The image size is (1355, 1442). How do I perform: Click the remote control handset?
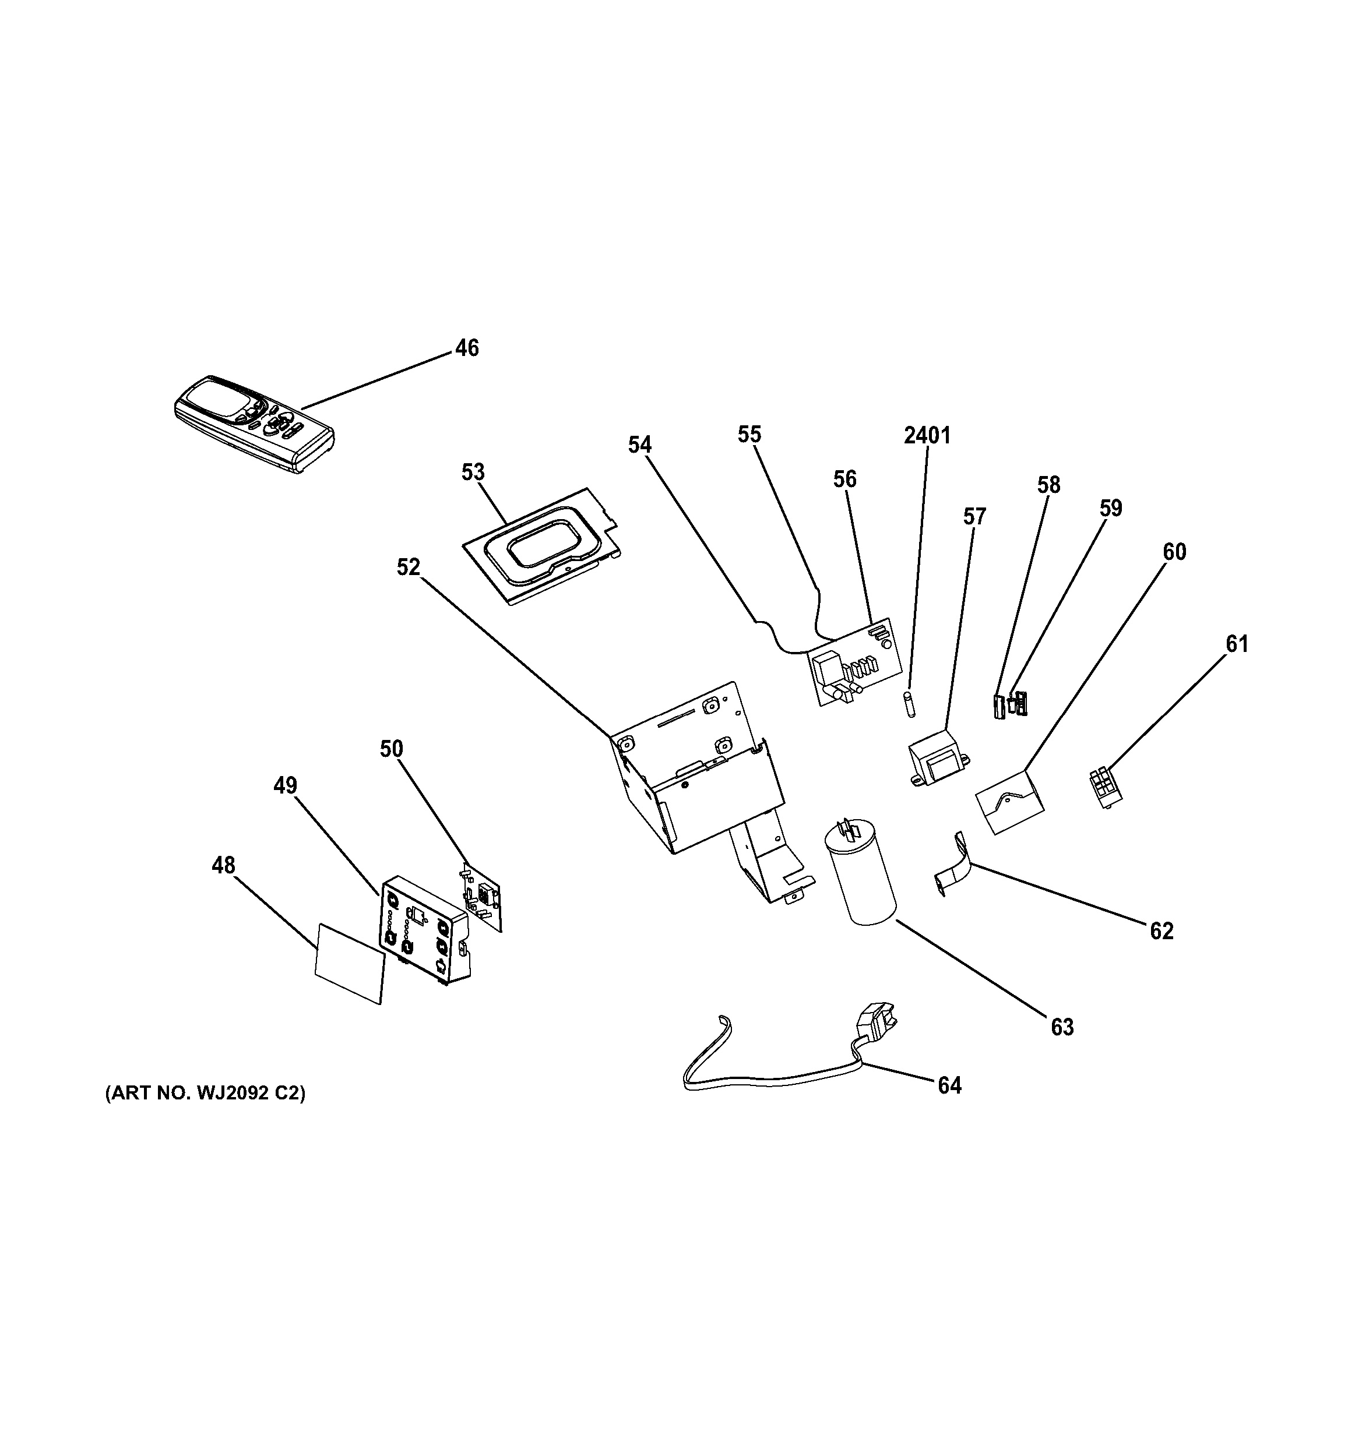pyautogui.click(x=254, y=424)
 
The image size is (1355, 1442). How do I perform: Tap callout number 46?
pyautogui.click(x=467, y=348)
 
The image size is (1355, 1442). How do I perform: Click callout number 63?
pyautogui.click(x=1062, y=1027)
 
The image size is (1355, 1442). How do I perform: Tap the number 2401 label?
pyautogui.click(x=927, y=435)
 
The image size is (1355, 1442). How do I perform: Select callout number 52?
pyautogui.click(x=409, y=567)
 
